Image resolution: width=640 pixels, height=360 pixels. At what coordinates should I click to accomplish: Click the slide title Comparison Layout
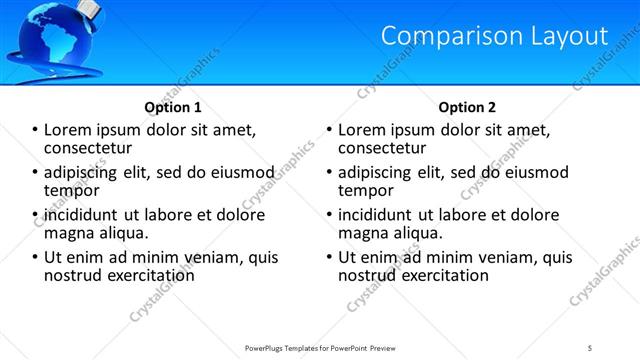click(x=494, y=36)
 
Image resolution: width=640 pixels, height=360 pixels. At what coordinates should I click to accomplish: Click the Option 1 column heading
click(x=173, y=107)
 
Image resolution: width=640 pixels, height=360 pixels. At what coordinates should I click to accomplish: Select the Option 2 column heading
click(x=467, y=107)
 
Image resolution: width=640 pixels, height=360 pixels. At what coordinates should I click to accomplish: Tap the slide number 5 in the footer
click(x=590, y=347)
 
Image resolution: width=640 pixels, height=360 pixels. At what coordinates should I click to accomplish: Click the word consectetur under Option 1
click(x=88, y=147)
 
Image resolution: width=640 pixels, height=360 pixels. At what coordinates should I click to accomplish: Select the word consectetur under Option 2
click(x=382, y=147)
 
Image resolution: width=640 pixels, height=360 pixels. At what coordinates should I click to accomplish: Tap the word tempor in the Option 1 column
click(x=71, y=190)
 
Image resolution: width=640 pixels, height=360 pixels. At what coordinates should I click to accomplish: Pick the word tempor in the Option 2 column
click(x=365, y=190)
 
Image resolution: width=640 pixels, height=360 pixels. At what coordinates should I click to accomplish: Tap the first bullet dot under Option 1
click(x=36, y=130)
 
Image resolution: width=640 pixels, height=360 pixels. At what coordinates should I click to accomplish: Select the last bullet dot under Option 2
click(x=330, y=257)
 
